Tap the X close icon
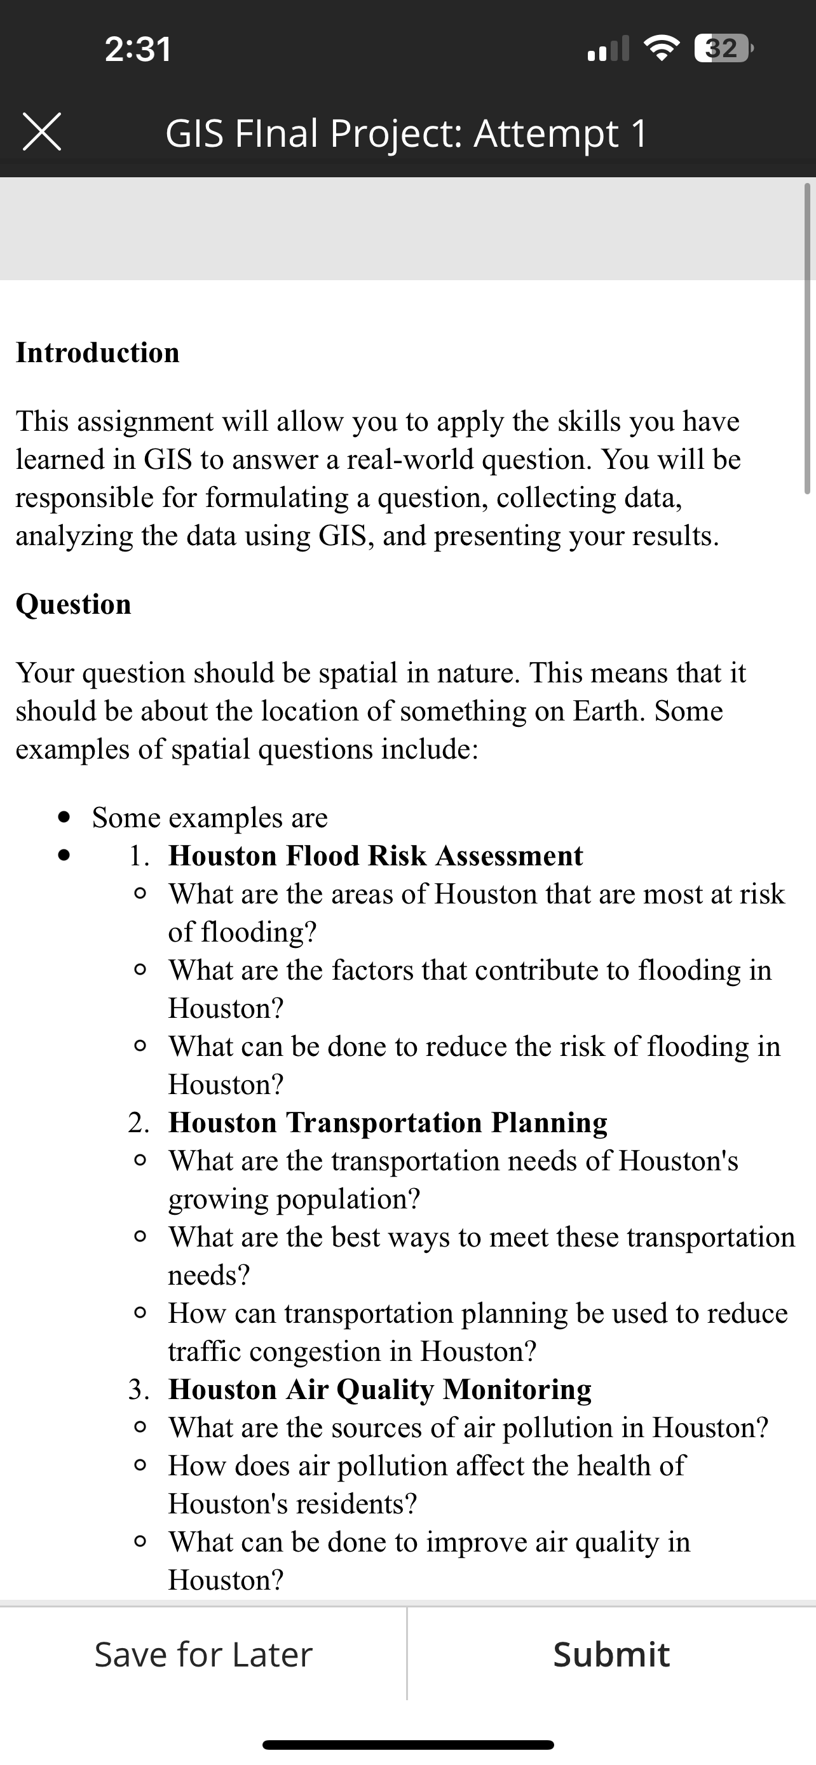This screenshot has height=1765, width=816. [42, 132]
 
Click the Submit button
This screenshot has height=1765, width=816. [611, 1654]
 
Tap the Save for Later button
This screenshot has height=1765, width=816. [203, 1654]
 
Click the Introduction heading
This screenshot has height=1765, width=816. [97, 353]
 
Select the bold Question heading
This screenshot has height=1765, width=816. [73, 604]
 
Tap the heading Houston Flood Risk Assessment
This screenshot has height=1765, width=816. [376, 856]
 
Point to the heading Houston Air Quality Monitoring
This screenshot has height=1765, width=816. [379, 1390]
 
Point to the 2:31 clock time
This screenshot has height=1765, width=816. [138, 50]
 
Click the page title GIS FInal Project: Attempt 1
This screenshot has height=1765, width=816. [406, 133]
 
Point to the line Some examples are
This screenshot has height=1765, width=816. [210, 818]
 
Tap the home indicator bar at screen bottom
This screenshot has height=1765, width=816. [407, 1745]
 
